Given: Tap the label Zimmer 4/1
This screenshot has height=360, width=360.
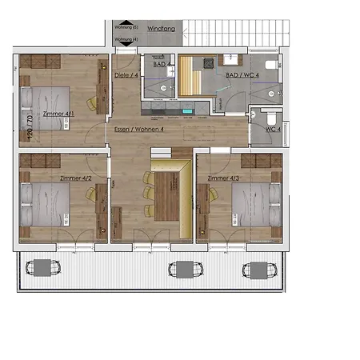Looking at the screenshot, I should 58,114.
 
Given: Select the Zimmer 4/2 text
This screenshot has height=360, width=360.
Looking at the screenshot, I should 76,178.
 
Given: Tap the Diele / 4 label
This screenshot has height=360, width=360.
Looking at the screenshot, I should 127,76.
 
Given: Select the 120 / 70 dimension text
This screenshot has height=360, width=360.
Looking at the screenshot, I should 30,128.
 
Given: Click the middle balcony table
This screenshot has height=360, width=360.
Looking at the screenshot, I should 183,269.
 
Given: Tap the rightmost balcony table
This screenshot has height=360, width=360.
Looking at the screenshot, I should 258,269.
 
